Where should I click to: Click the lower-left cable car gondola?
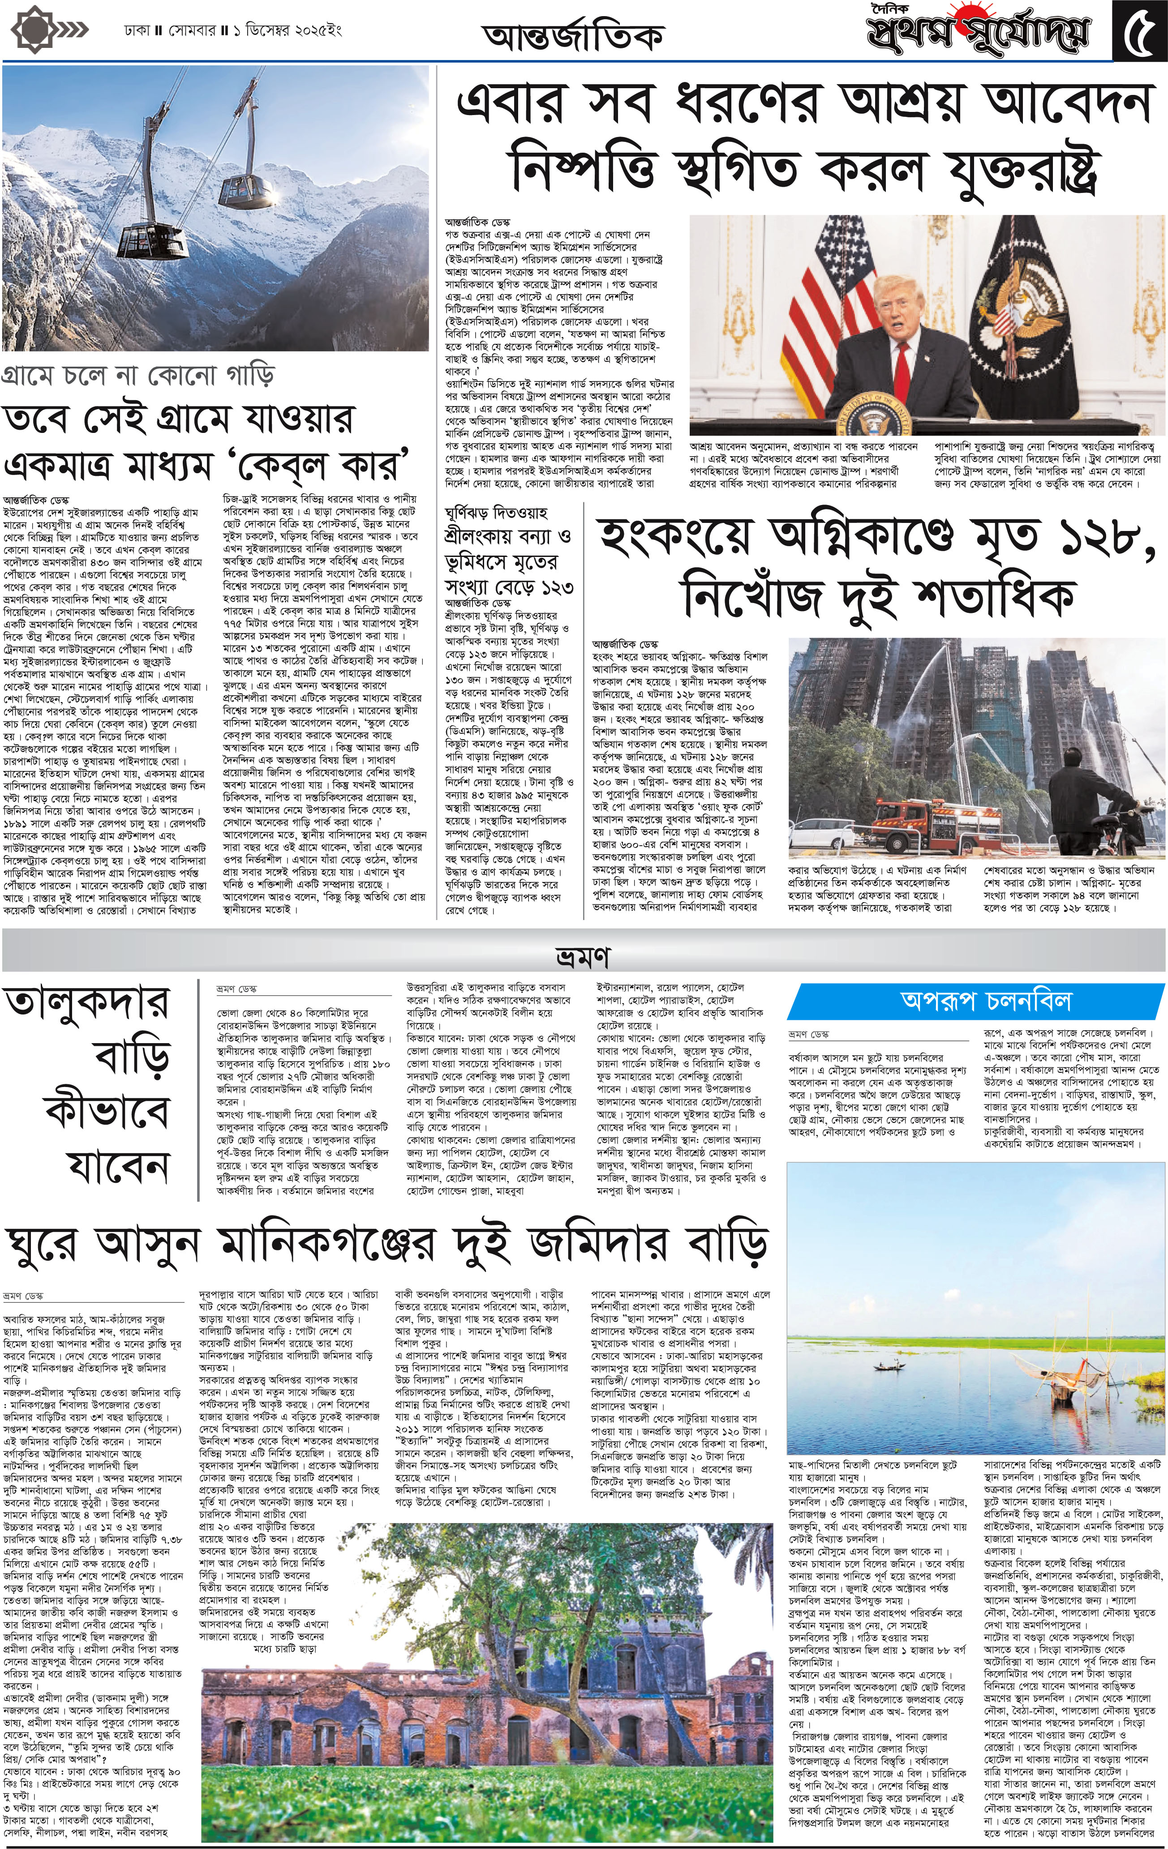(155, 231)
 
